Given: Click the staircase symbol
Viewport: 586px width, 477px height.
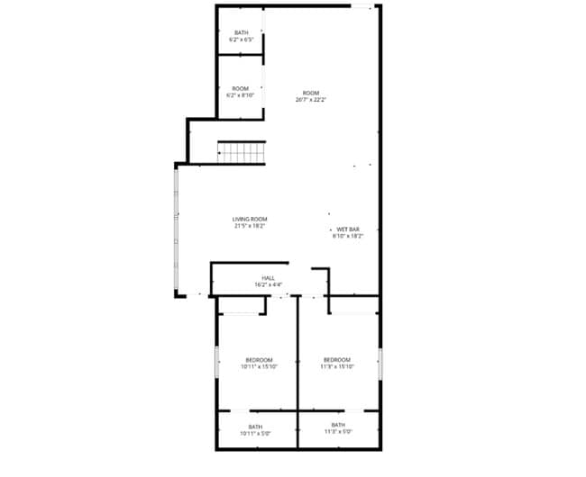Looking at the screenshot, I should point(241,152).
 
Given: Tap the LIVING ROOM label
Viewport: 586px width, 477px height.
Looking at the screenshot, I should point(250,219).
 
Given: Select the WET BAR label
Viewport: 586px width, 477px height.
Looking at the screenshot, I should point(348,229).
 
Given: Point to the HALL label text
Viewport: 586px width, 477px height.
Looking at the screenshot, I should point(268,278).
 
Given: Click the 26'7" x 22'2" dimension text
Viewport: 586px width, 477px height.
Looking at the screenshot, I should point(310,100).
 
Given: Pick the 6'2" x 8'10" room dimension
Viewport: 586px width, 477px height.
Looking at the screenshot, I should point(240,94).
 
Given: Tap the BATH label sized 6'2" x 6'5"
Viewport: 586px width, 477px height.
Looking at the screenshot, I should point(241,32).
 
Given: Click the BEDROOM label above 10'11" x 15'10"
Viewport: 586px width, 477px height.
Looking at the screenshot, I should point(258,359).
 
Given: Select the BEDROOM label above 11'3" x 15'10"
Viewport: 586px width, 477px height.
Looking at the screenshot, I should point(337,359).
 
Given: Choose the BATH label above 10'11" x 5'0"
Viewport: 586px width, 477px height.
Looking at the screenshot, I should point(255,427).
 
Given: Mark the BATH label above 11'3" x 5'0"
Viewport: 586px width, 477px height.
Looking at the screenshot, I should point(337,425).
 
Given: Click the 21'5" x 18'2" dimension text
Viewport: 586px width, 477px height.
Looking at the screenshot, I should point(250,226).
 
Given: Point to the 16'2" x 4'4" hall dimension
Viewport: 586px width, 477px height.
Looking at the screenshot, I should point(268,285).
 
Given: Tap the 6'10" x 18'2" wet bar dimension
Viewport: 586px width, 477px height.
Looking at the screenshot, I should point(348,237).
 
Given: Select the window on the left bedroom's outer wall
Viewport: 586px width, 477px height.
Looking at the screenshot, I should point(216,363).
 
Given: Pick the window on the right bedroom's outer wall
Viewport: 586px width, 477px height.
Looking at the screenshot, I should point(380,363).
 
